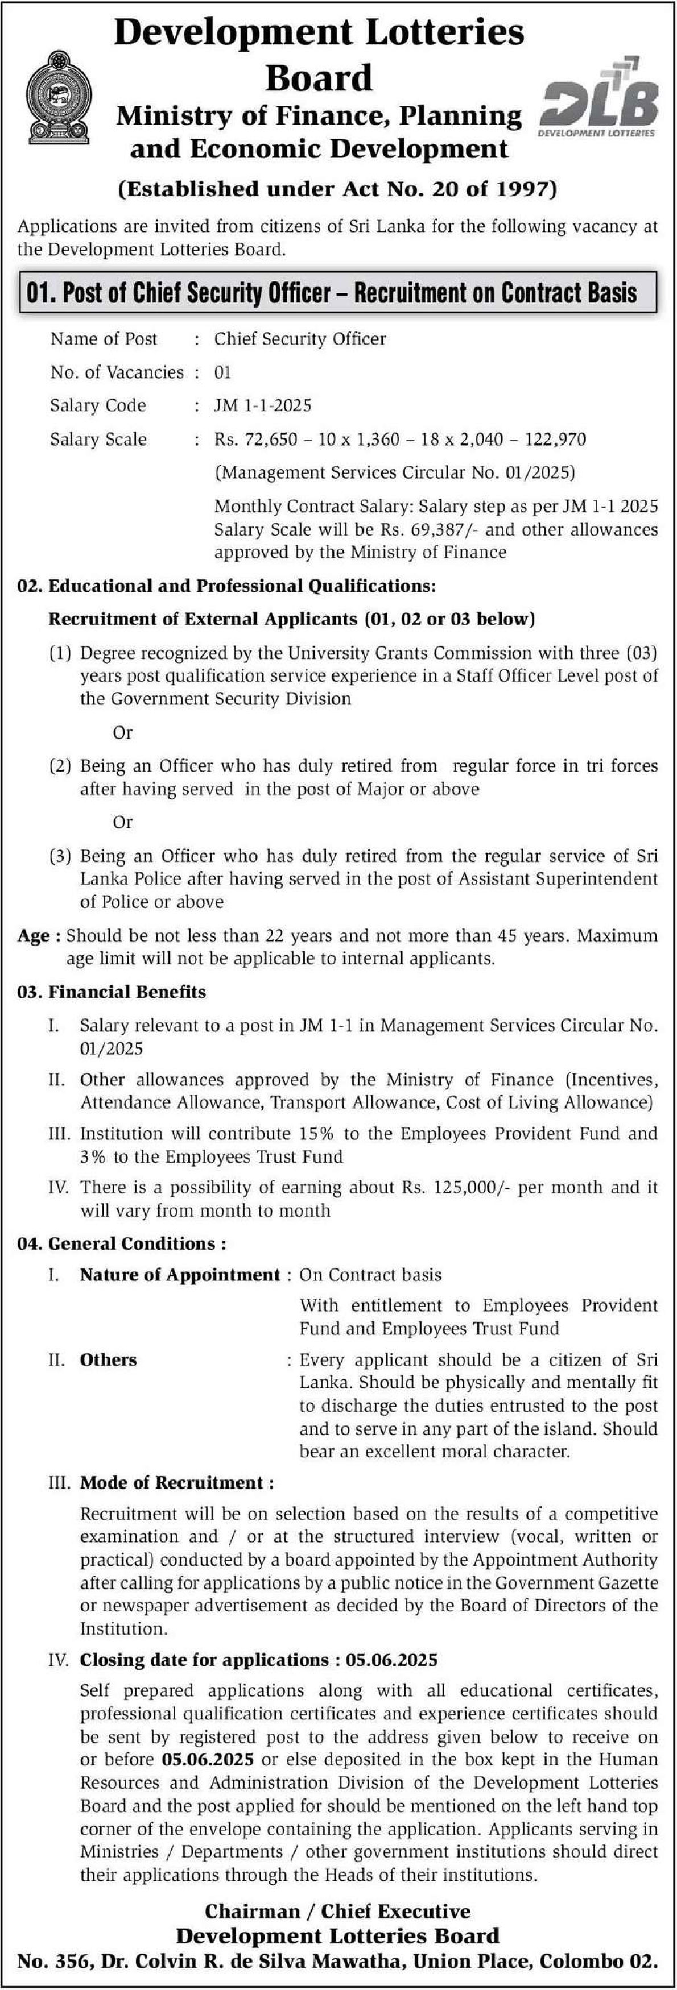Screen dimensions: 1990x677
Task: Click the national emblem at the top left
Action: click(x=59, y=98)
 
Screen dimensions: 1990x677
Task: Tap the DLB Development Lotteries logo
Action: click(x=600, y=98)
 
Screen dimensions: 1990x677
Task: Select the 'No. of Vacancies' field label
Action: click(x=117, y=372)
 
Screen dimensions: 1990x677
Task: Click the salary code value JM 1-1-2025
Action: click(x=263, y=405)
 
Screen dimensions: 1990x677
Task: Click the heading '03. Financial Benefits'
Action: click(x=112, y=992)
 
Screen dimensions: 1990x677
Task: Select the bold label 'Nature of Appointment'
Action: click(x=180, y=1275)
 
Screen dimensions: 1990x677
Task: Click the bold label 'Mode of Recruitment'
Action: click(x=177, y=1482)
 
